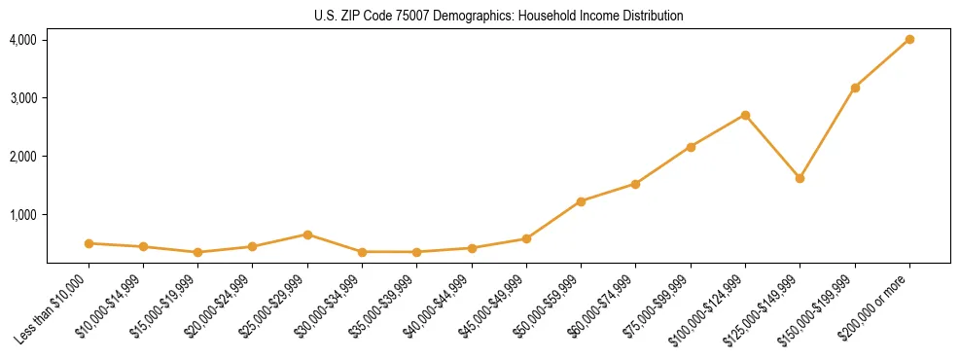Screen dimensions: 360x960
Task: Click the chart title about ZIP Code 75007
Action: (x=498, y=16)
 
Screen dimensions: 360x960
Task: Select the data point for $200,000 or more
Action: (x=909, y=39)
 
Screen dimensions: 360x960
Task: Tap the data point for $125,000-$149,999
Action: (x=800, y=178)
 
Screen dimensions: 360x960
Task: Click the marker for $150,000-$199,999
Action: (x=855, y=88)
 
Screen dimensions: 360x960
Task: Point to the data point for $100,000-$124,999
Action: (x=745, y=115)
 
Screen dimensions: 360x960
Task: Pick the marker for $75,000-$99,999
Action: (x=691, y=147)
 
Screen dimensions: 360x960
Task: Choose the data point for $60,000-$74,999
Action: (x=635, y=184)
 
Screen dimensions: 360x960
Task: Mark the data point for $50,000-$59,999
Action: (x=581, y=201)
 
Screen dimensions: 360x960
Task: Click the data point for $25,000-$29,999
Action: (x=307, y=234)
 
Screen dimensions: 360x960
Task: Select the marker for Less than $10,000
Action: (x=89, y=243)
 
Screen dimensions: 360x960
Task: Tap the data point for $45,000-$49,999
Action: (x=526, y=238)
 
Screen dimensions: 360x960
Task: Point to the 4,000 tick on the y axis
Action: (x=23, y=40)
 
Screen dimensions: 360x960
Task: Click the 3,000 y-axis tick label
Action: (x=23, y=98)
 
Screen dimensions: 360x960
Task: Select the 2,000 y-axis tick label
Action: (x=23, y=157)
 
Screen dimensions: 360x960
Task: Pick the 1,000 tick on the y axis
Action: (x=23, y=215)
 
